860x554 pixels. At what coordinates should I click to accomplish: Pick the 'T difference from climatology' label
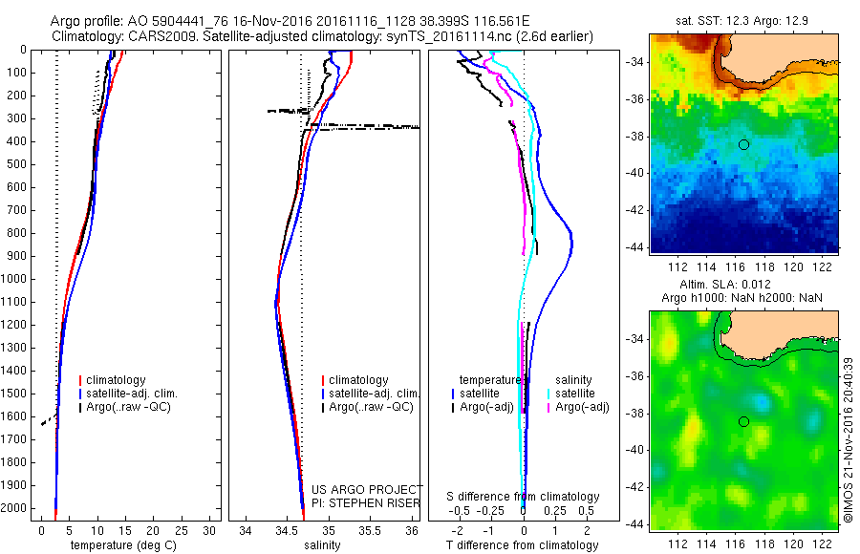tap(524, 545)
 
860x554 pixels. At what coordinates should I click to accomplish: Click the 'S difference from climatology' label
tap(524, 497)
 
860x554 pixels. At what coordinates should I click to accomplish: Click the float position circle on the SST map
tap(743, 144)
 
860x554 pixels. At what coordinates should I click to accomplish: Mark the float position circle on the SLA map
tap(743, 421)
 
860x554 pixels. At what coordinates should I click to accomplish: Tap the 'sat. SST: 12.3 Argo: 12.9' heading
tap(743, 19)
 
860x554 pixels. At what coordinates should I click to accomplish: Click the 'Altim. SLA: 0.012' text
tap(743, 286)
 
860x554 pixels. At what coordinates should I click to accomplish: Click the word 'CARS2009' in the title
tap(153, 36)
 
